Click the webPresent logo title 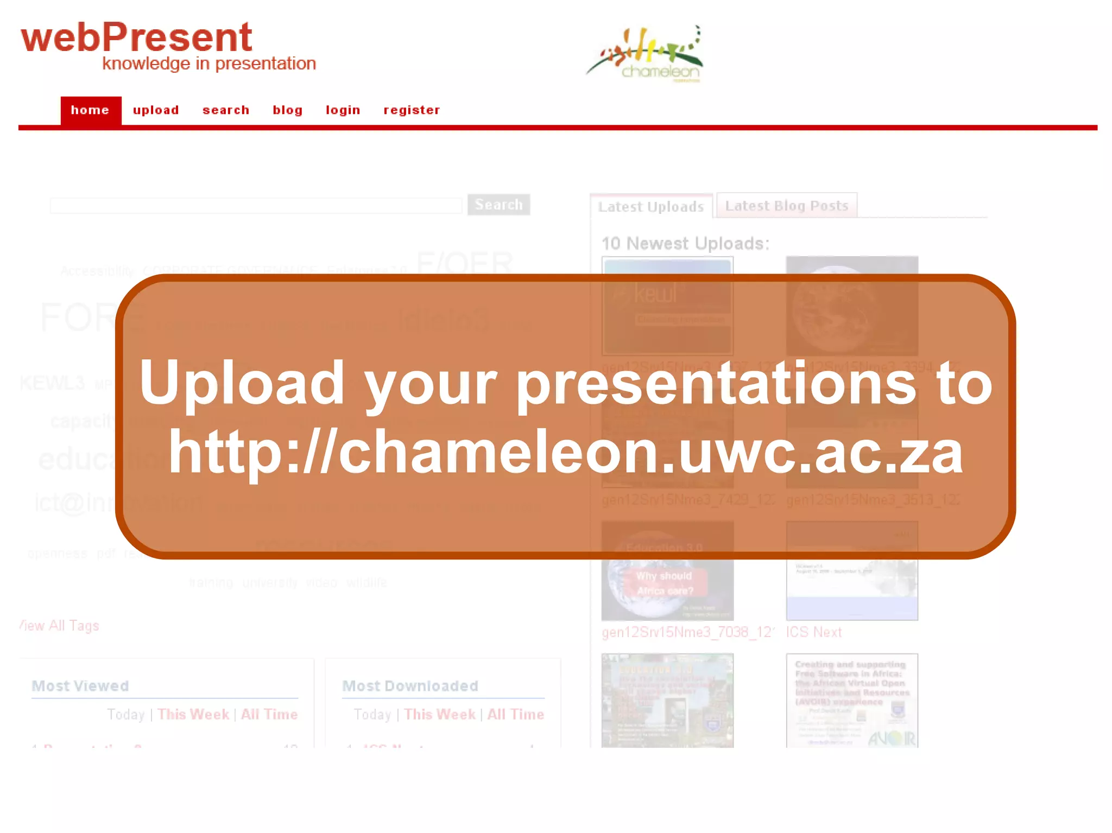click(x=136, y=37)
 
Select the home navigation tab click(x=90, y=110)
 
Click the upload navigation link click(x=156, y=110)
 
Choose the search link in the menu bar click(x=226, y=110)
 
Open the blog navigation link click(x=287, y=110)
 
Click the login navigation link click(x=343, y=110)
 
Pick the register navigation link click(x=412, y=110)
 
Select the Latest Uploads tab click(x=650, y=207)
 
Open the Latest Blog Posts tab click(x=786, y=206)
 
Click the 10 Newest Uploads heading click(x=685, y=244)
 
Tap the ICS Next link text click(x=814, y=632)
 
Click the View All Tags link click(x=59, y=626)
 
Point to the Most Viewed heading click(x=80, y=686)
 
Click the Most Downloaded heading click(x=410, y=686)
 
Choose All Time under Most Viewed click(x=269, y=714)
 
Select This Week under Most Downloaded click(x=439, y=714)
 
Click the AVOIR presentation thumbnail click(x=852, y=700)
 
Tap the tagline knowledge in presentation click(x=209, y=63)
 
